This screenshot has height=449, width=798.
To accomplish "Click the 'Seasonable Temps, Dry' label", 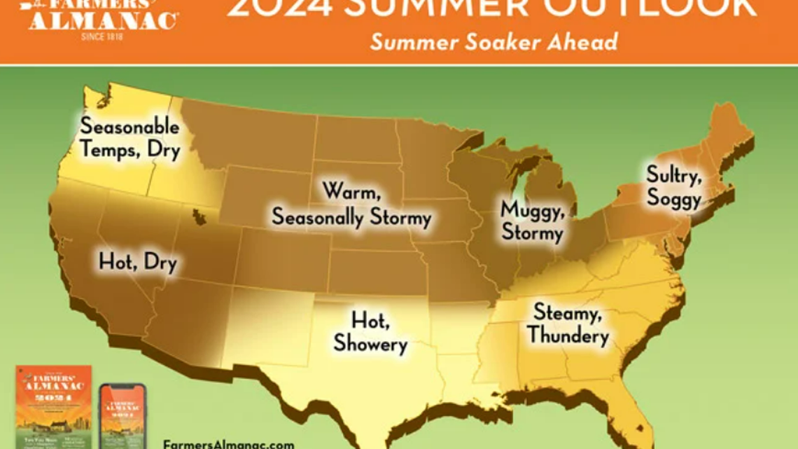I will point(129,138).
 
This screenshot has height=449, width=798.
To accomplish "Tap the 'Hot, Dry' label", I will point(138,263).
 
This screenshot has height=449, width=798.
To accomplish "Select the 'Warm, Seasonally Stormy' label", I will point(351,204).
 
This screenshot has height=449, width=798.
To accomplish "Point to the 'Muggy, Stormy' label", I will point(532,220).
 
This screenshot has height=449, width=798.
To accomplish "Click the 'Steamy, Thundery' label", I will point(567,324).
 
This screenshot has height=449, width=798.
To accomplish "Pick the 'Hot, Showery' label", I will point(370,332).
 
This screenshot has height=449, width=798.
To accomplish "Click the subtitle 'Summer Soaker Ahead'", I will point(493,42).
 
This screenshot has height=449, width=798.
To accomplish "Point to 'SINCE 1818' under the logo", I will point(102,36).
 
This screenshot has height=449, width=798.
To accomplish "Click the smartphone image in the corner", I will point(122,416).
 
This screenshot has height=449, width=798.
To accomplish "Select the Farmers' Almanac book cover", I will point(53,407).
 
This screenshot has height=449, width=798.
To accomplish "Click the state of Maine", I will point(728,133).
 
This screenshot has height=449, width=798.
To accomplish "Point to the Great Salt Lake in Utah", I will point(195,214).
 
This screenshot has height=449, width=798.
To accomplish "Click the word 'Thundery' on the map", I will point(568,336).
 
